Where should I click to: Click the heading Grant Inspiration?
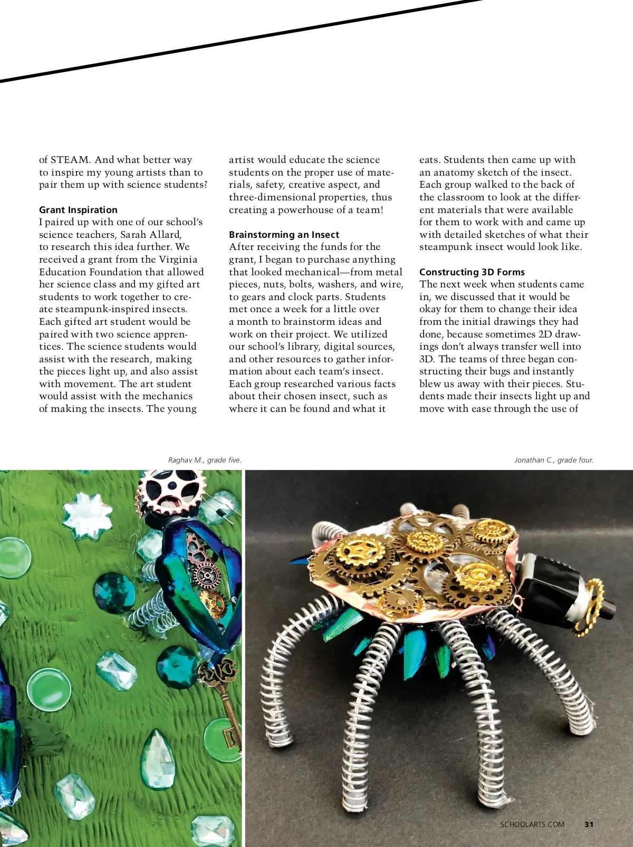pos(78,210)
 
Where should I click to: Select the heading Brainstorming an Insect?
pos(284,235)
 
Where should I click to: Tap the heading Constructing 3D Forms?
pos(472,272)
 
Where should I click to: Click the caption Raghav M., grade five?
pos(205,460)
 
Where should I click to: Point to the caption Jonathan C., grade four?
pos(554,460)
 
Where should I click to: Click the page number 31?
pos(589,824)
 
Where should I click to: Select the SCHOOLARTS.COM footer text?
pos(532,824)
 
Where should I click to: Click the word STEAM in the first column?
pos(71,160)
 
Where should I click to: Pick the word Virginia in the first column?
pos(178,259)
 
